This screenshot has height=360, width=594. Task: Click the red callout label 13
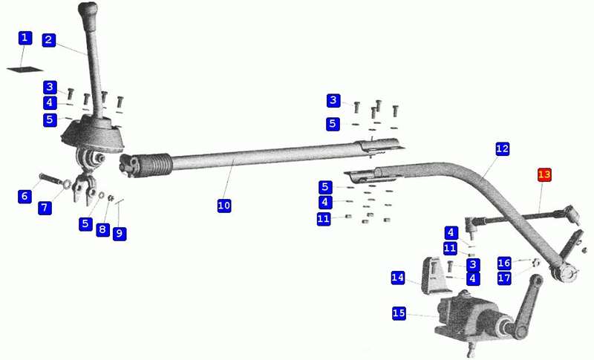tap(544, 175)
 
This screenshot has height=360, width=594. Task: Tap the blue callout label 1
tap(25, 38)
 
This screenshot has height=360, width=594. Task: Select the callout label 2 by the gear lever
tap(49, 40)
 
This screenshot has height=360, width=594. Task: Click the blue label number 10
tap(224, 206)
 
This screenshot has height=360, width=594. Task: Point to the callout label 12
tap(503, 148)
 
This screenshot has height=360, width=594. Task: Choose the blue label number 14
tap(398, 278)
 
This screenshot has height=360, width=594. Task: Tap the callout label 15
tap(399, 313)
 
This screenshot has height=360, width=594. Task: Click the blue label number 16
tap(504, 263)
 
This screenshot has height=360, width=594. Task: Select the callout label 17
tap(504, 278)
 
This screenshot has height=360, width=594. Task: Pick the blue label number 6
tap(25, 196)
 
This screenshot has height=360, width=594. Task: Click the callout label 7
tap(45, 207)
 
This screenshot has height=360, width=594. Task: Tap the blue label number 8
tap(102, 229)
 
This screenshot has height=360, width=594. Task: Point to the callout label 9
tap(120, 234)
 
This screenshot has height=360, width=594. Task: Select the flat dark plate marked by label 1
tap(25, 69)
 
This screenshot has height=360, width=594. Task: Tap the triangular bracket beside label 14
tap(436, 275)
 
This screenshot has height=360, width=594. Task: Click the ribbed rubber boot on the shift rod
tap(154, 164)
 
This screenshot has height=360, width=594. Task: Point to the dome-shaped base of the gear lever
tap(92, 134)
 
